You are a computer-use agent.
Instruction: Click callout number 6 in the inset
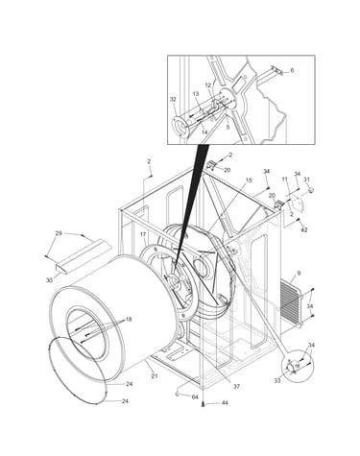point(292,70)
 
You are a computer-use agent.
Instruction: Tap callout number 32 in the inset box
point(173,100)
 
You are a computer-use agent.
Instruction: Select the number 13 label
point(196,94)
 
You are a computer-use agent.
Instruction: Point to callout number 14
point(204,132)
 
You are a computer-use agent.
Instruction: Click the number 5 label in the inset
point(228,127)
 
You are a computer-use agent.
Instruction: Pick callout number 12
point(208,85)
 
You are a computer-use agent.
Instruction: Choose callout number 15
point(249,180)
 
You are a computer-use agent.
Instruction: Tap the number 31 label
point(306,180)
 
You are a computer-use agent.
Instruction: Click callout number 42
point(304,229)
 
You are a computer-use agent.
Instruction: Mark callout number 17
point(143,234)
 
